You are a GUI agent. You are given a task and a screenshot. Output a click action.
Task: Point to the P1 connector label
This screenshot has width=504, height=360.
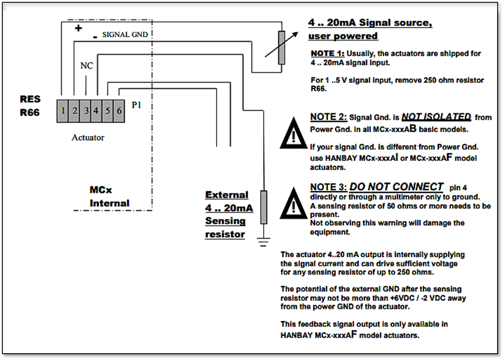pyautogui.click(x=136, y=105)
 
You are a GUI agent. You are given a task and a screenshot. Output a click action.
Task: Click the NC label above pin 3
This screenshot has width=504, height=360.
pyautogui.click(x=86, y=66)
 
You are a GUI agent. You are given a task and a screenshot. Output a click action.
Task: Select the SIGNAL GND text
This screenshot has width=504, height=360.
pyautogui.click(x=125, y=35)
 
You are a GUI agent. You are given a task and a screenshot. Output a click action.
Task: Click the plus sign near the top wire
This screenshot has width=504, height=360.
pyautogui.click(x=78, y=28)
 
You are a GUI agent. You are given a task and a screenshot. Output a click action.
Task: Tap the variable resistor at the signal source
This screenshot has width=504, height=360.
pyautogui.click(x=281, y=48)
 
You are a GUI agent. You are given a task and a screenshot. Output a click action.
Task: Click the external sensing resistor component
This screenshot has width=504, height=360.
pyautogui.click(x=263, y=207)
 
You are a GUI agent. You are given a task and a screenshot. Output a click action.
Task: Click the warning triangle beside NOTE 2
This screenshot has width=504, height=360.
pyautogui.click(x=293, y=134)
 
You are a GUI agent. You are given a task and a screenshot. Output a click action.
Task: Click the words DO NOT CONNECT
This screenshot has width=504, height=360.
pyautogui.click(x=396, y=187)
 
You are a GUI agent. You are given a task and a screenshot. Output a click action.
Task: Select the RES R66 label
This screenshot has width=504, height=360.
pyautogui.click(x=30, y=106)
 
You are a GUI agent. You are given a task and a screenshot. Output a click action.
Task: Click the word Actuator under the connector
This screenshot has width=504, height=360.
pyautogui.click(x=88, y=138)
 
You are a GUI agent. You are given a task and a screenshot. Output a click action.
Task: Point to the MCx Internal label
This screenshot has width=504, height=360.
pyautogui.click(x=109, y=197)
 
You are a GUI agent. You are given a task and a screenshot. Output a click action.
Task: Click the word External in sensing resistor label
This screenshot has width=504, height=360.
pyautogui.click(x=227, y=195)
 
